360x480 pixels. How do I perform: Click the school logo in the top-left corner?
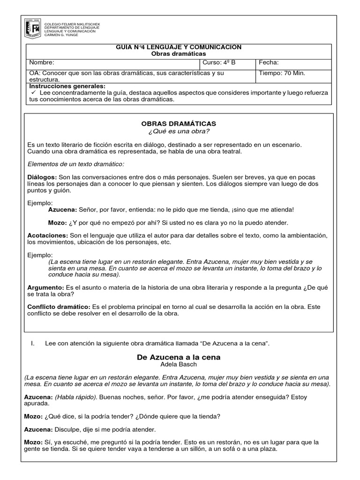[x=32, y=29]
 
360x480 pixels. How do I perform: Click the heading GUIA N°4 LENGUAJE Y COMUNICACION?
[x=178, y=47]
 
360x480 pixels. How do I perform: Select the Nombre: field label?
[x=42, y=62]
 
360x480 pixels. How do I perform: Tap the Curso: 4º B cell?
[x=218, y=62]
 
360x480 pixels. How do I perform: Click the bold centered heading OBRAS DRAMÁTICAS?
[x=179, y=123]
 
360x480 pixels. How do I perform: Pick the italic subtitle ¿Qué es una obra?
[x=179, y=130]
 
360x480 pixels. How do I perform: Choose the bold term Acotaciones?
[x=47, y=235]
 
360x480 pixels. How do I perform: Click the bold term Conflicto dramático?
[x=59, y=306]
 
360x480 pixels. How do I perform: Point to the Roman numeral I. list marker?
[x=32, y=344]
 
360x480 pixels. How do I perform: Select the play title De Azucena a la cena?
[x=179, y=357]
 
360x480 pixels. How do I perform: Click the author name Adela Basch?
[x=179, y=364]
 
